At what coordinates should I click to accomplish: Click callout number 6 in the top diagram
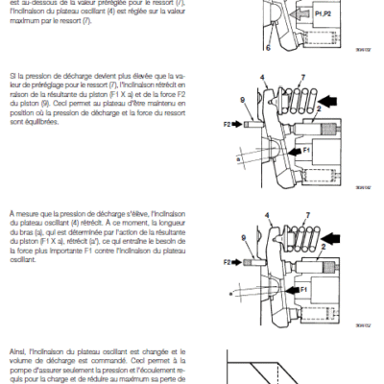[268, 45]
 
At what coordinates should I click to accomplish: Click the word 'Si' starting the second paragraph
[11, 74]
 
